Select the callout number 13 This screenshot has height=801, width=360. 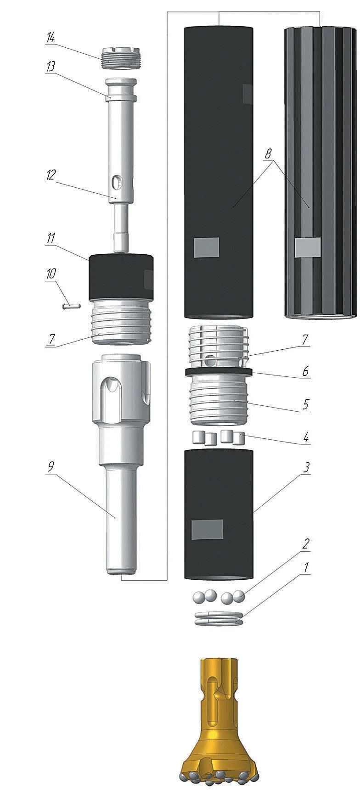pos(50,66)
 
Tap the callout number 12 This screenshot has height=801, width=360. pos(50,175)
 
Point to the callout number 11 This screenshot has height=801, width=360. pos(50,238)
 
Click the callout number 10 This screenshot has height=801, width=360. pos(50,274)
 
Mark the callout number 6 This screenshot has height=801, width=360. pos(304,370)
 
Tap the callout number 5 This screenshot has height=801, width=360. pos(304,405)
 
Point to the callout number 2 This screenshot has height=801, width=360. pos(304,544)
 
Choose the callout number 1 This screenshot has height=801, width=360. pos(304,567)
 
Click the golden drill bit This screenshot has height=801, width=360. pos(219,730)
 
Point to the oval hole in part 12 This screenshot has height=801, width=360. pos(118,183)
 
